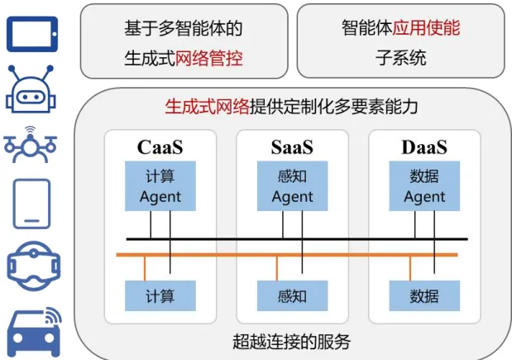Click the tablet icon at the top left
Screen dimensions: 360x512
[32, 32]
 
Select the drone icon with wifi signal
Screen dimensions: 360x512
[31, 146]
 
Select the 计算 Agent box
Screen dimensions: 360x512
[160, 186]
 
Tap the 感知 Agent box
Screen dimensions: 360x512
[292, 186]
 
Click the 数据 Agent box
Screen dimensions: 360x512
[424, 186]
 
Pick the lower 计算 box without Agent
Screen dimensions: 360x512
[160, 295]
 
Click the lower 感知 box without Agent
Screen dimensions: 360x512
[292, 295]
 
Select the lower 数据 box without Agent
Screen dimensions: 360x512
[424, 295]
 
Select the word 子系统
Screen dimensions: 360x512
[403, 58]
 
